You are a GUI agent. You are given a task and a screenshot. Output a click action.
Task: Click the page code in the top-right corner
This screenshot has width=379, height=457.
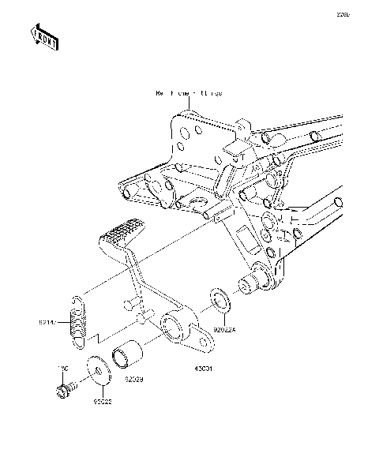click(363, 13)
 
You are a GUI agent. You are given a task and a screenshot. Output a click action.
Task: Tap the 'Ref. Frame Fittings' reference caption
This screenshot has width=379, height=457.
click(189, 93)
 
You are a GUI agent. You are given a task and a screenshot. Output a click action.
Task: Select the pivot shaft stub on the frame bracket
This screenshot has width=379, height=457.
click(248, 283)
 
